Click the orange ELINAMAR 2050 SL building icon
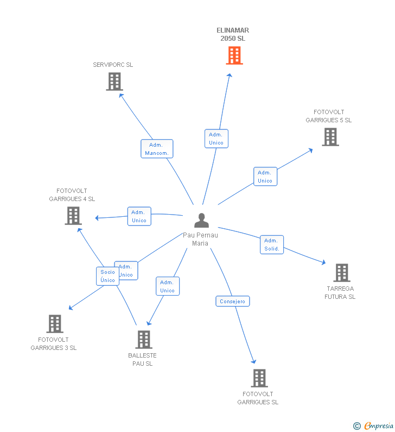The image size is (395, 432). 234,55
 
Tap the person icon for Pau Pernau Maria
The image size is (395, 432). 201,221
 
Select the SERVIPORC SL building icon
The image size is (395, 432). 114,82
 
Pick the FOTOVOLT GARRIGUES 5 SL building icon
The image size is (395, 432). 330,137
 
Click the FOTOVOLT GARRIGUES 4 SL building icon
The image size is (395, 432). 73,216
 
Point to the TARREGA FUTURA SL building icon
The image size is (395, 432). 341,273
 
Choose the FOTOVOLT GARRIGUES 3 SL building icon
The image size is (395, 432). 54,324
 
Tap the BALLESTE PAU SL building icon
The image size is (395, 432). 143,340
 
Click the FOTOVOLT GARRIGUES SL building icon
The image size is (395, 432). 259,378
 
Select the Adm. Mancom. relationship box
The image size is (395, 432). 157,149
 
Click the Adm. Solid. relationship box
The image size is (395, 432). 271,245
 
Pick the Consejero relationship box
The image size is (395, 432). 232,301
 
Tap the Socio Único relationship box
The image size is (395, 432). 107,276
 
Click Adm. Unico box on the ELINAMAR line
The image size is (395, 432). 216,139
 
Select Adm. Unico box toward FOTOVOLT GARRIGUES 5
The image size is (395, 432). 265,177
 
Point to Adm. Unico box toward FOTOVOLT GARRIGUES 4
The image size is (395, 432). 139,216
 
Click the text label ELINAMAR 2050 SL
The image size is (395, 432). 233,34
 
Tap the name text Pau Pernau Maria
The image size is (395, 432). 200,239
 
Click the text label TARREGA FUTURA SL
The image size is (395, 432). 340,292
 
